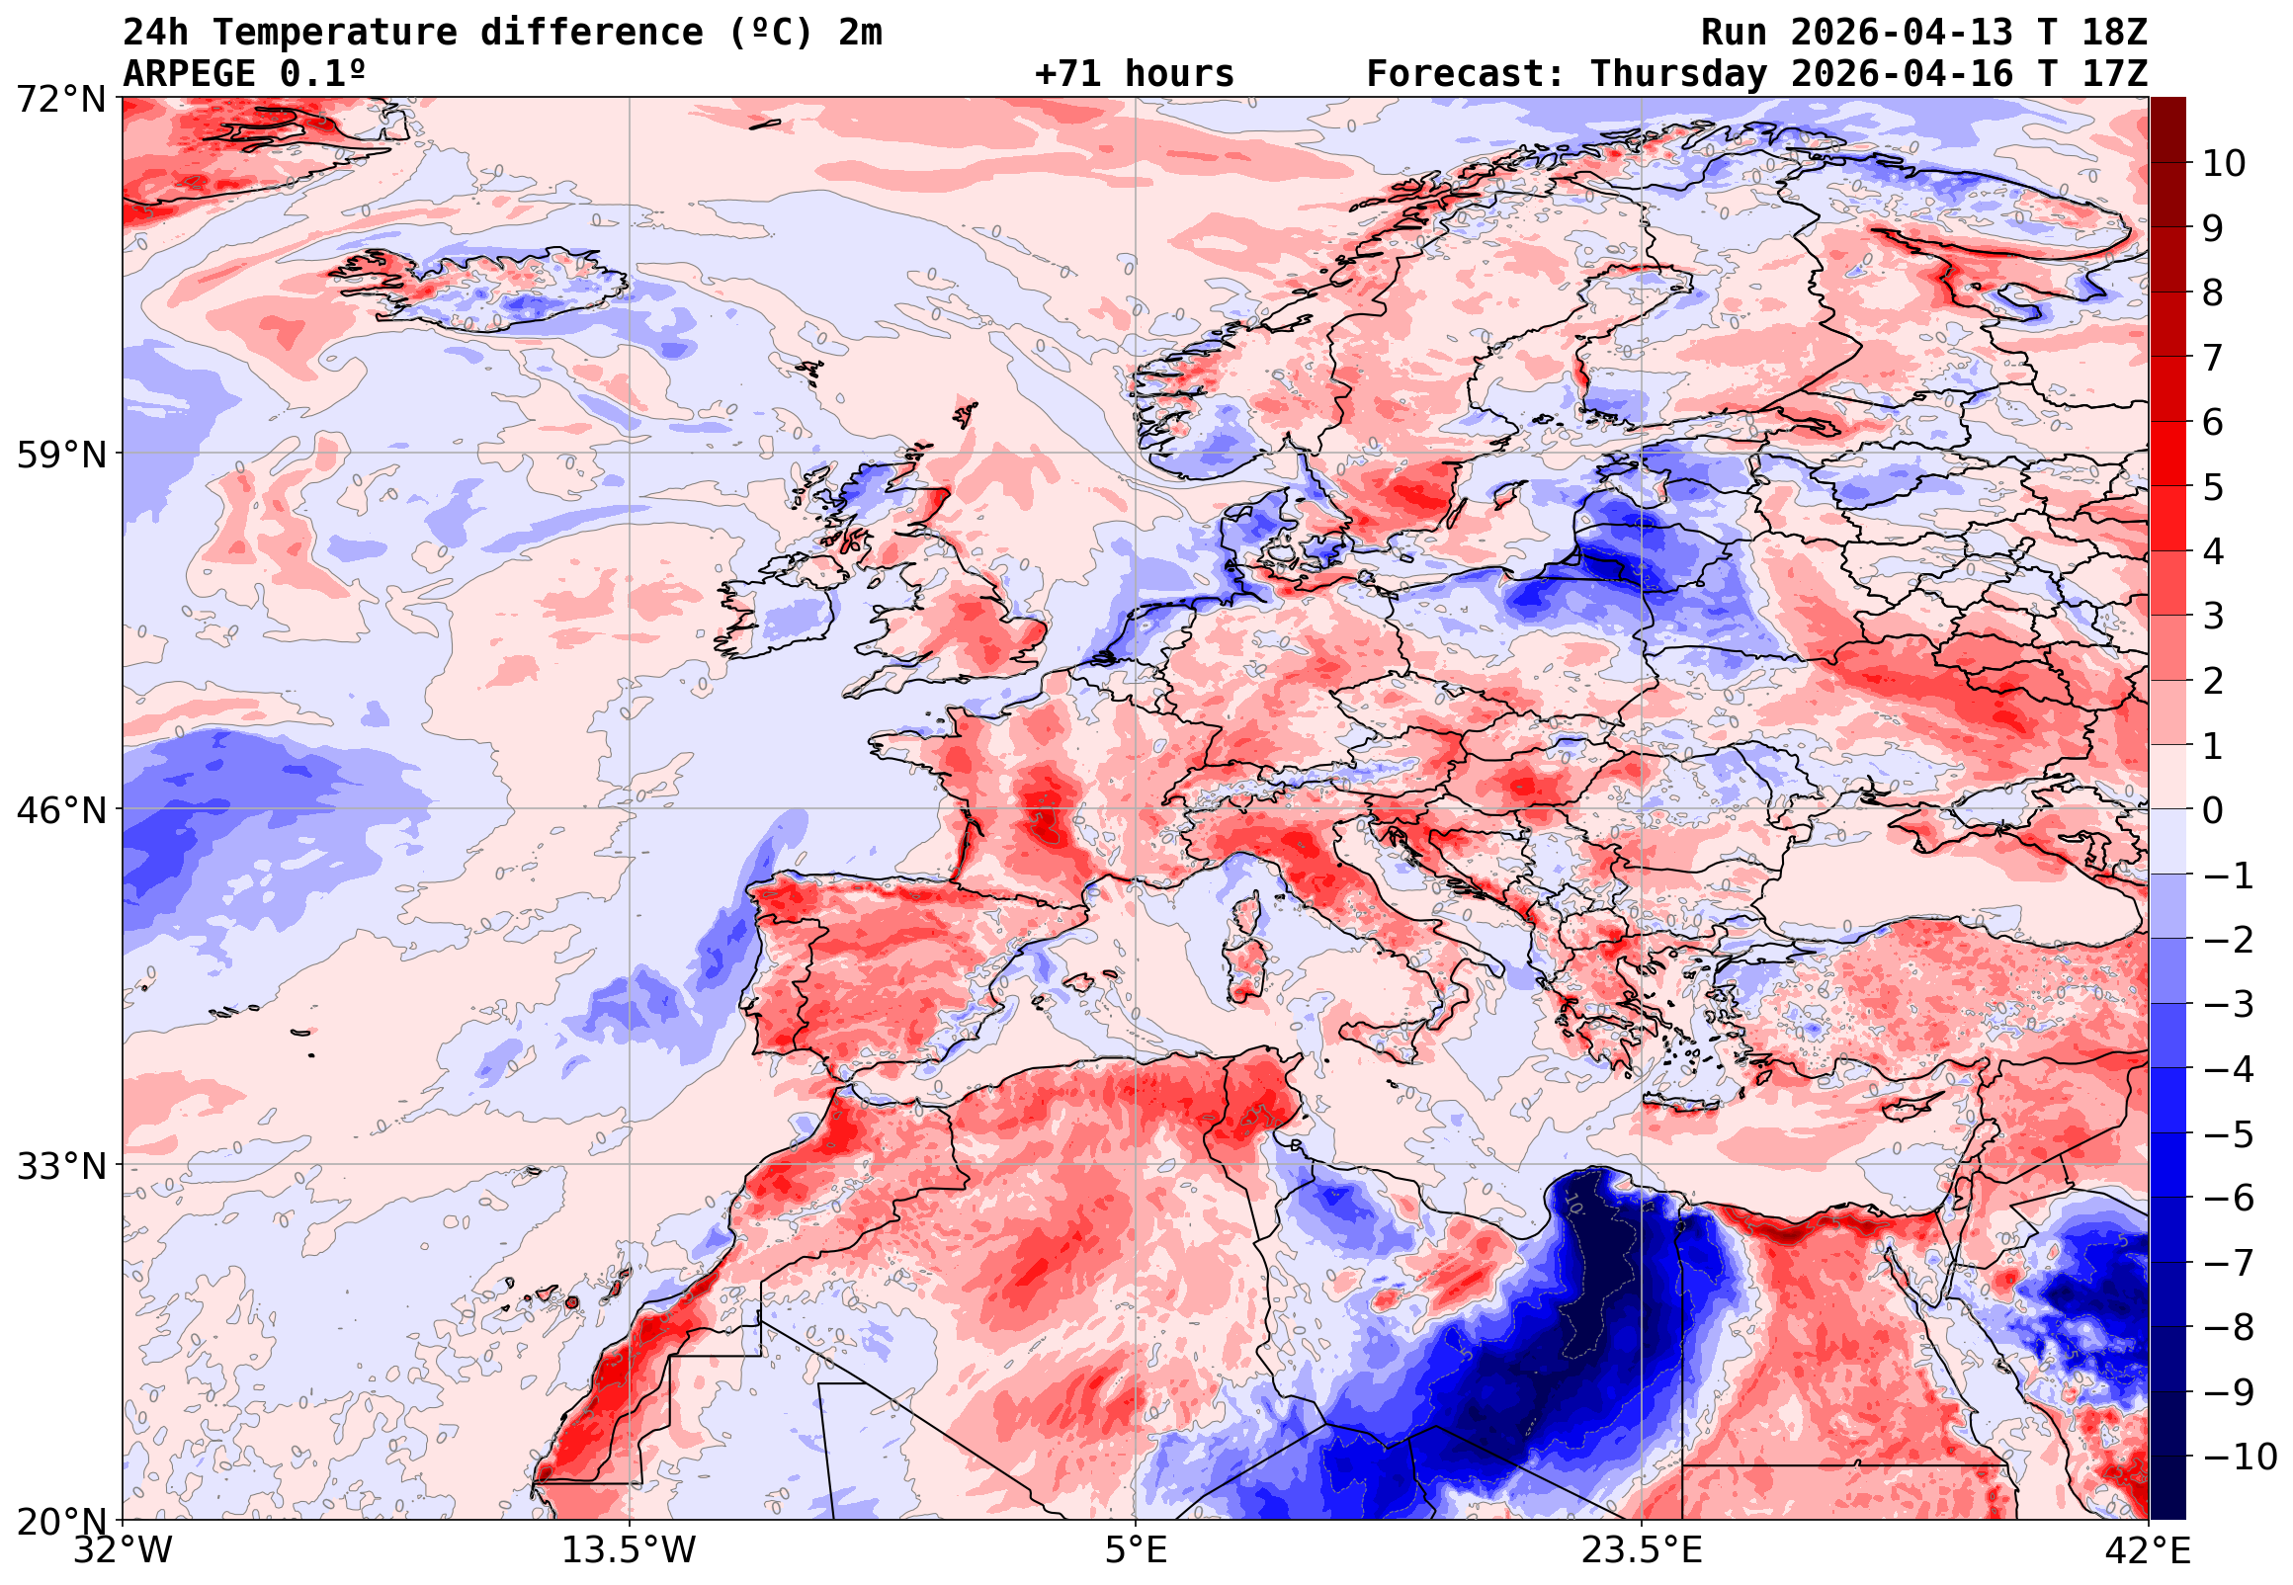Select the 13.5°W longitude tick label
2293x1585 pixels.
pyautogui.click(x=630, y=1550)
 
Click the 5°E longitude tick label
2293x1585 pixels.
pyautogui.click(x=1136, y=1550)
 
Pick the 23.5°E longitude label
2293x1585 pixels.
pyautogui.click(x=1642, y=1550)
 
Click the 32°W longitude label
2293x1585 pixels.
pyautogui.click(x=124, y=1550)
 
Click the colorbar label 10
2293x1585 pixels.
pyautogui.click(x=2224, y=164)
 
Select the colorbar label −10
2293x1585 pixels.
pyautogui.click(x=2241, y=1457)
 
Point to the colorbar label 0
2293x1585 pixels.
pyautogui.click(x=2213, y=810)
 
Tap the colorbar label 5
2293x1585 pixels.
pyautogui.click(x=2213, y=487)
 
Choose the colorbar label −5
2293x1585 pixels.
pyautogui.click(x=2229, y=1134)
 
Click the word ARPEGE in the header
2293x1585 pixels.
pyautogui.click(x=189, y=74)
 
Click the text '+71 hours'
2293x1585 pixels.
pyautogui.click(x=1134, y=74)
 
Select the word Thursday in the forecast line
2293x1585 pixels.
pyautogui.click(x=1678, y=74)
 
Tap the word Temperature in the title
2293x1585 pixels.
pyautogui.click(x=334, y=33)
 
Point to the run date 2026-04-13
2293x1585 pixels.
pyautogui.click(x=1902, y=33)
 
